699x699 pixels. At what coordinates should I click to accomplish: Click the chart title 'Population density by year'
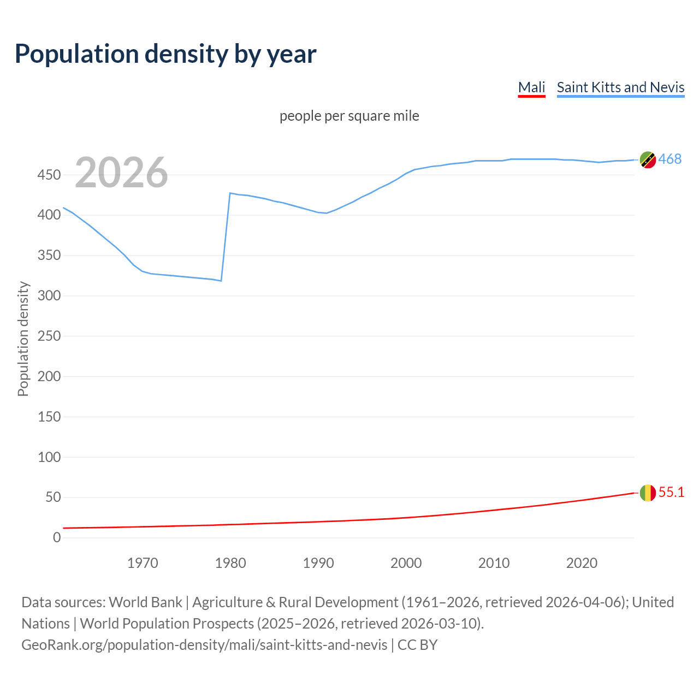click(165, 54)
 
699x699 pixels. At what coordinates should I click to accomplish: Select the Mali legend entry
click(531, 87)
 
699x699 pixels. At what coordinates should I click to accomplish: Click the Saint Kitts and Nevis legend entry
click(620, 87)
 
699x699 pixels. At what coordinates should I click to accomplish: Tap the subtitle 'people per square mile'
click(349, 116)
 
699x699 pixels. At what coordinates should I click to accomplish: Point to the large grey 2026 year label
click(121, 173)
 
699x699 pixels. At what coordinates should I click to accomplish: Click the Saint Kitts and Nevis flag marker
click(648, 160)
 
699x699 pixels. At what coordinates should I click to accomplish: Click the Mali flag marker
click(648, 493)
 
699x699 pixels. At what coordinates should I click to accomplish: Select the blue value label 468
click(670, 159)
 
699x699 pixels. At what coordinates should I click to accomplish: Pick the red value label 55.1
click(671, 492)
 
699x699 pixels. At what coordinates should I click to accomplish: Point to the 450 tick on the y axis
click(49, 175)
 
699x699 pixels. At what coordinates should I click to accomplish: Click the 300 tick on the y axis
click(49, 295)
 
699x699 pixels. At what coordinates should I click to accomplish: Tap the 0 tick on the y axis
click(57, 537)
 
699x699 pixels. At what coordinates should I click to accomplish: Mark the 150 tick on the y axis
click(49, 417)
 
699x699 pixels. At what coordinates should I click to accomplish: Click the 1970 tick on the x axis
click(143, 563)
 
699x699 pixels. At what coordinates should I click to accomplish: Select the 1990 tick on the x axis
click(318, 563)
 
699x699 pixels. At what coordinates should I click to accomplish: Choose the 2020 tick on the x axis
click(582, 563)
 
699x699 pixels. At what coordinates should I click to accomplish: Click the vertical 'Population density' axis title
click(23, 339)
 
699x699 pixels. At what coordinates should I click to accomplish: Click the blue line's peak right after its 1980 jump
click(230, 193)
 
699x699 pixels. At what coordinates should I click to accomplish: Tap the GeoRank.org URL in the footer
click(204, 645)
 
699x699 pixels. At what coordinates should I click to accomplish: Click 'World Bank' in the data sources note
click(145, 602)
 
